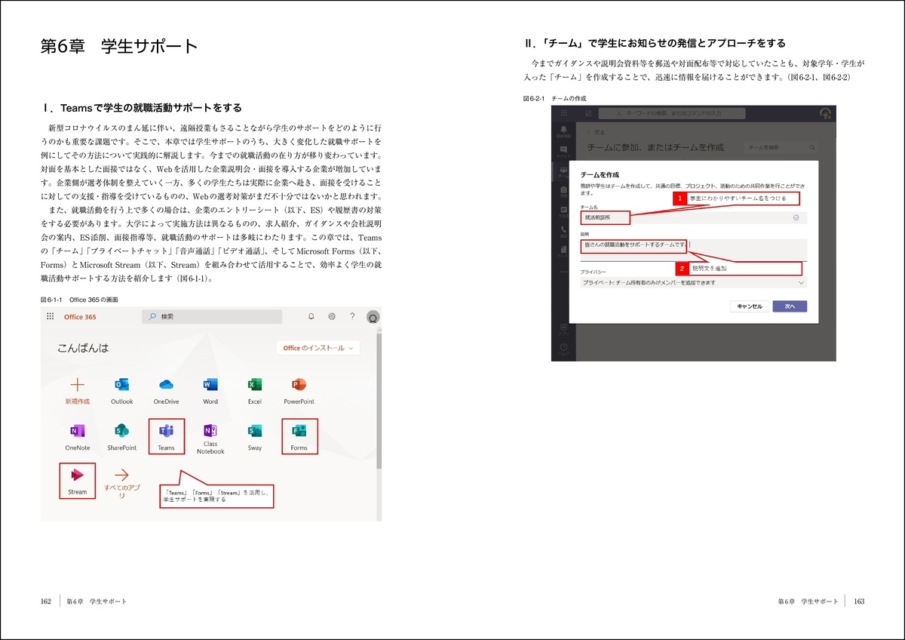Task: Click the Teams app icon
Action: [166, 432]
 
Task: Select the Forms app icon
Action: [299, 432]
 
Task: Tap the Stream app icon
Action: [77, 475]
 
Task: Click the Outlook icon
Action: [121, 385]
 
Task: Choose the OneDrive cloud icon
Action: [166, 385]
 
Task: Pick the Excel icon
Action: [255, 385]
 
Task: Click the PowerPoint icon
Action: [299, 385]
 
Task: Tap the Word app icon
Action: [210, 385]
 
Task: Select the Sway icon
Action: [255, 432]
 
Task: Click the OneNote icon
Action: [77, 432]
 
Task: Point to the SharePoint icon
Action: [121, 432]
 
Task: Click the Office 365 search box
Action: [212, 317]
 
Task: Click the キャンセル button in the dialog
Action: [750, 306]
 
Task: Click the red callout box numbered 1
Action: [680, 198]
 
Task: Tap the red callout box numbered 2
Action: [683, 268]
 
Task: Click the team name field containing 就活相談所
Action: [692, 217]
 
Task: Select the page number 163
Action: [859, 602]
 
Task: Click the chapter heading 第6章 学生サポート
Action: [119, 47]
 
